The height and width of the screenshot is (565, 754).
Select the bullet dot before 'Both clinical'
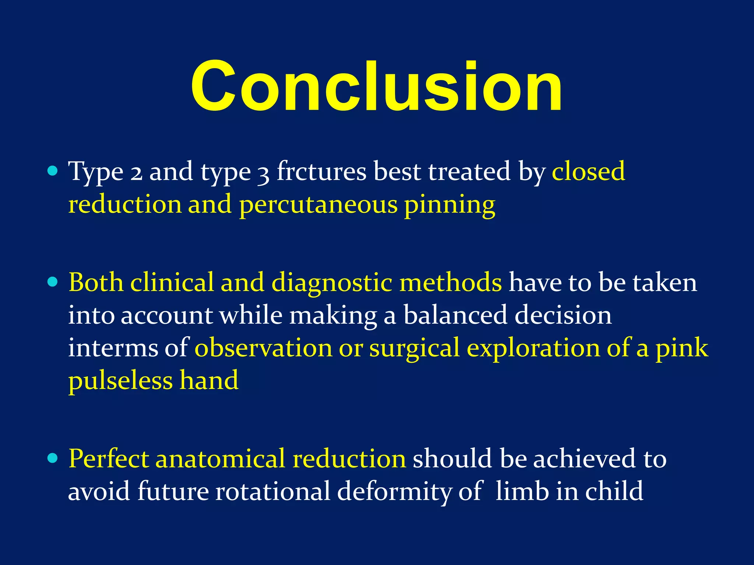point(53,282)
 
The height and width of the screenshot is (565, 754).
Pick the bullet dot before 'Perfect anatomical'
point(53,458)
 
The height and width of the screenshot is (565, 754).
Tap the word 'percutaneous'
point(318,205)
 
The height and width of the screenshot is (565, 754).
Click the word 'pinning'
point(450,205)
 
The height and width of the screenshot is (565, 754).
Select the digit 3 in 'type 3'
point(263,173)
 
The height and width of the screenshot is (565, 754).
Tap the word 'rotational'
point(273,491)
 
